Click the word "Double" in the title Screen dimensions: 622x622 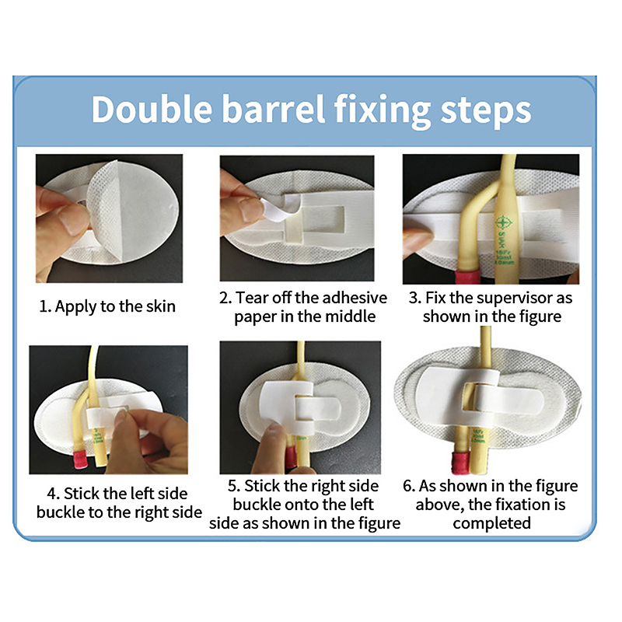pyautogui.click(x=152, y=110)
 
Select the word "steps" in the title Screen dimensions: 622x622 pyautogui.click(x=485, y=111)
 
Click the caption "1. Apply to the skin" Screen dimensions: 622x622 pyautogui.click(x=107, y=306)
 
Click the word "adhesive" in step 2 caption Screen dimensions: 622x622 pyautogui.click(x=350, y=298)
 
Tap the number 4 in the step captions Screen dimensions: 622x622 pyautogui.click(x=53, y=494)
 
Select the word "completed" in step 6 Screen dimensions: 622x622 pyautogui.click(x=492, y=523)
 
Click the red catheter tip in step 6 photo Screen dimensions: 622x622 pyautogui.click(x=460, y=463)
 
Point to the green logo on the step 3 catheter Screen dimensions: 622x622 pyautogui.click(x=504, y=222)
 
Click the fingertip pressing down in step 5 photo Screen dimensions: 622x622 pyautogui.click(x=274, y=436)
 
